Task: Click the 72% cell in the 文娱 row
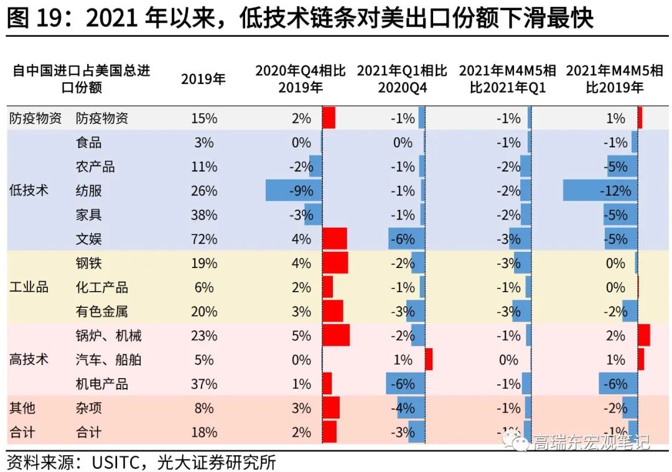(x=203, y=239)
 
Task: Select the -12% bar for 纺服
(x=600, y=191)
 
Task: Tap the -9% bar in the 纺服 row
(x=293, y=191)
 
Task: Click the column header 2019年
(x=203, y=80)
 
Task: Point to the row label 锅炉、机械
(x=108, y=336)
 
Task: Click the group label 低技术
(x=29, y=191)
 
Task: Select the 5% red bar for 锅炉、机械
(x=336, y=336)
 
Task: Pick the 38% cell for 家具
(x=203, y=215)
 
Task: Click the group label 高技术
(x=29, y=360)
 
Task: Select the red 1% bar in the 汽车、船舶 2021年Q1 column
(x=429, y=360)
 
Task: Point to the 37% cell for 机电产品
(x=203, y=384)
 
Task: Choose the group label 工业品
(x=29, y=287)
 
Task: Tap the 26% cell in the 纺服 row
(x=203, y=191)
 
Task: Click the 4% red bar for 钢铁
(x=335, y=264)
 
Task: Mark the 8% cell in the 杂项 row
(x=203, y=409)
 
